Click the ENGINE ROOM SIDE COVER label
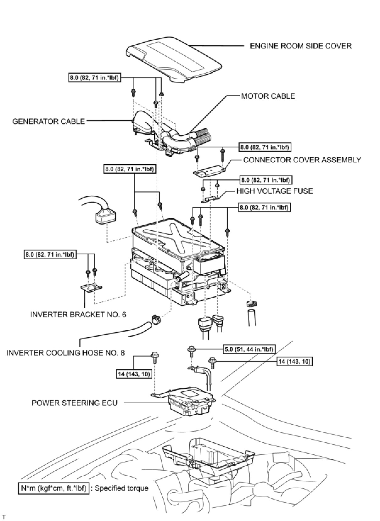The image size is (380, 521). [300, 46]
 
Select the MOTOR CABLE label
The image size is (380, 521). [268, 96]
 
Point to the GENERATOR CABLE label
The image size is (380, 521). [48, 121]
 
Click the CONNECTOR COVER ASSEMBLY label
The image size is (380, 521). [302, 160]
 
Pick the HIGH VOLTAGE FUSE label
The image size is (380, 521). [275, 191]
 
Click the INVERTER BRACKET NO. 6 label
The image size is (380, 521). [78, 314]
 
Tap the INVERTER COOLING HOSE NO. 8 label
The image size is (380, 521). [65, 353]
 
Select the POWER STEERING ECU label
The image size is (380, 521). [75, 403]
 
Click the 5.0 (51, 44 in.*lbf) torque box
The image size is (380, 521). [249, 349]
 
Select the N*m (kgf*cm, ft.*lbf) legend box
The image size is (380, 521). [53, 488]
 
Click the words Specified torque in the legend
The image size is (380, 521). [121, 488]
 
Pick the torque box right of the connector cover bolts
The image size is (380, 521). [265, 147]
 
